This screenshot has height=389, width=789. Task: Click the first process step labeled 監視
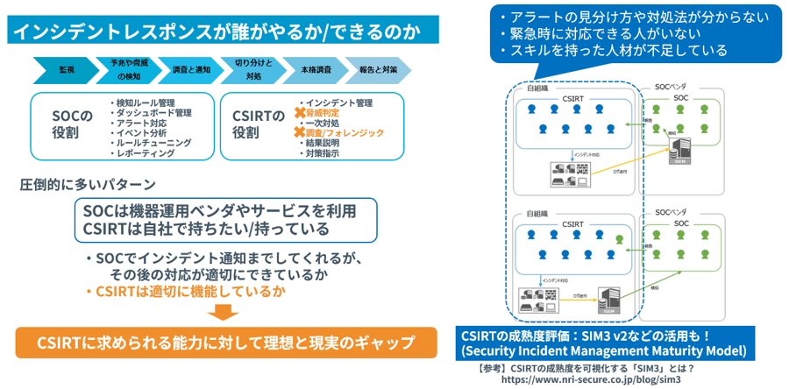point(67,69)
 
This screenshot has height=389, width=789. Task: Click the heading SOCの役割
point(73,124)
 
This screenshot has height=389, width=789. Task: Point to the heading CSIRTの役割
point(259,124)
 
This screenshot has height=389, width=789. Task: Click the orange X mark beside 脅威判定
point(300,113)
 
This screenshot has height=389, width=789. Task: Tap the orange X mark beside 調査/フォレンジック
point(300,133)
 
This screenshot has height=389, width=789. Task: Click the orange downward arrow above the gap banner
point(225,314)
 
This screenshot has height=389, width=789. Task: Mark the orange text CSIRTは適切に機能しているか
point(184,291)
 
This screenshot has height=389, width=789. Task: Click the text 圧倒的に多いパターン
point(88,185)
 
